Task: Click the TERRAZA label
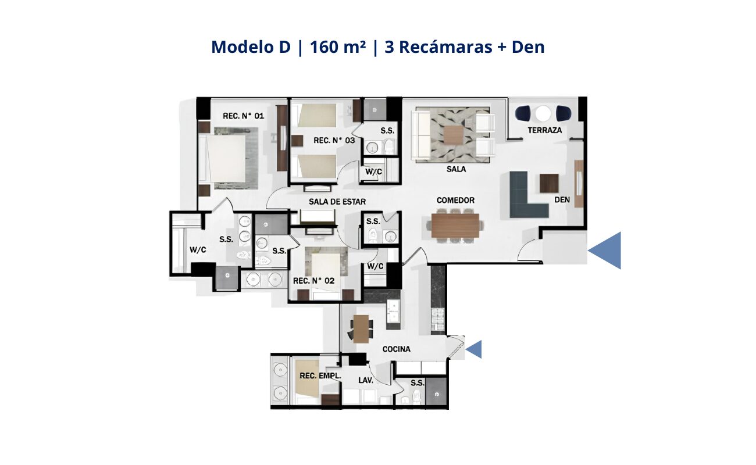pyautogui.click(x=545, y=130)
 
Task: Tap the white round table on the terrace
pyautogui.click(x=543, y=113)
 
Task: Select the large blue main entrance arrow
pyautogui.click(x=604, y=251)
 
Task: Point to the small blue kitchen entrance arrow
pyautogui.click(x=473, y=349)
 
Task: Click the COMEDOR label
pyautogui.click(x=455, y=201)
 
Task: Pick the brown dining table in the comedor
pyautogui.click(x=455, y=226)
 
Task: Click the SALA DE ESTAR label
pyautogui.click(x=337, y=202)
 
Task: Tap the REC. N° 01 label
pyautogui.click(x=243, y=116)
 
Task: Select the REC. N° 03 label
pyautogui.click(x=334, y=141)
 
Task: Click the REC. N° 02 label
pyautogui.click(x=314, y=281)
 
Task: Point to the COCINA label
pyautogui.click(x=396, y=349)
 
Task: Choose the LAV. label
pyautogui.click(x=366, y=381)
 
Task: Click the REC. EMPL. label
pyautogui.click(x=320, y=375)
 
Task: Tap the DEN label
pyautogui.click(x=562, y=200)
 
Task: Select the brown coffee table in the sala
pyautogui.click(x=454, y=135)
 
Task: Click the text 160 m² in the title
pyautogui.click(x=337, y=47)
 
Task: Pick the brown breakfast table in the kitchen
pyautogui.click(x=361, y=328)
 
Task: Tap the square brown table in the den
pyautogui.click(x=549, y=183)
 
